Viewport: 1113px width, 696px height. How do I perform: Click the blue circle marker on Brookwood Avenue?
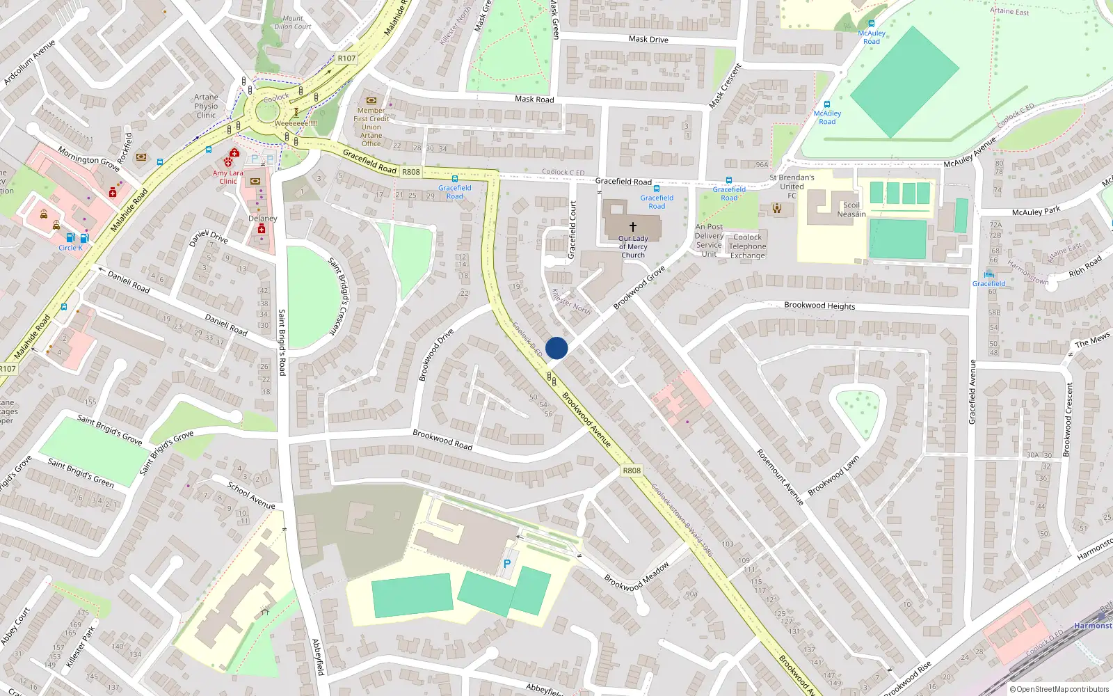pyautogui.click(x=556, y=348)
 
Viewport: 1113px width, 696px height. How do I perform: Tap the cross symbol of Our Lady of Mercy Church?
pyautogui.click(x=633, y=227)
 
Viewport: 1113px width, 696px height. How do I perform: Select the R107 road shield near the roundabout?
pyautogui.click(x=346, y=58)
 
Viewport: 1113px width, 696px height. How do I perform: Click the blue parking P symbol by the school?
pyautogui.click(x=507, y=564)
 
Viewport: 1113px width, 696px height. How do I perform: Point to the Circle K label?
pyautogui.click(x=70, y=248)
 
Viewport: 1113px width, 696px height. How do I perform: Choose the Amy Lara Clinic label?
pyautogui.click(x=228, y=177)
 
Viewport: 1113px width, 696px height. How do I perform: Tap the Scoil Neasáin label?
pyautogui.click(x=851, y=209)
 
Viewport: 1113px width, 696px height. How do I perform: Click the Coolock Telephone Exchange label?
pyautogui.click(x=748, y=246)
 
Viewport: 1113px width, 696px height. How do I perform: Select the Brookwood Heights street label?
pyautogui.click(x=819, y=306)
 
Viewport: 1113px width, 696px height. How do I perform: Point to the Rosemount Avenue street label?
pyautogui.click(x=780, y=477)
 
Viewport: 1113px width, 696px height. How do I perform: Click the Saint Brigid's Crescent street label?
pyautogui.click(x=342, y=296)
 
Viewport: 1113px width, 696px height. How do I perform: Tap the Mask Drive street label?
pyautogui.click(x=648, y=40)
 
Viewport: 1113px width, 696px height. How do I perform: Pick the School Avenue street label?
pyautogui.click(x=251, y=495)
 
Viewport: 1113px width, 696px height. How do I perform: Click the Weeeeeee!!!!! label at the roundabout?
pyautogui.click(x=296, y=123)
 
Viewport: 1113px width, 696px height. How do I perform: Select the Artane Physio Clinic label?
pyautogui.click(x=206, y=106)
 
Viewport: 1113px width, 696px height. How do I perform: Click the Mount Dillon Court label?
pyautogui.click(x=293, y=23)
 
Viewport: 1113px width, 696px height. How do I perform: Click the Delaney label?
pyautogui.click(x=263, y=219)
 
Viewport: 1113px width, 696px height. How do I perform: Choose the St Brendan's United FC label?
pyautogui.click(x=792, y=187)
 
